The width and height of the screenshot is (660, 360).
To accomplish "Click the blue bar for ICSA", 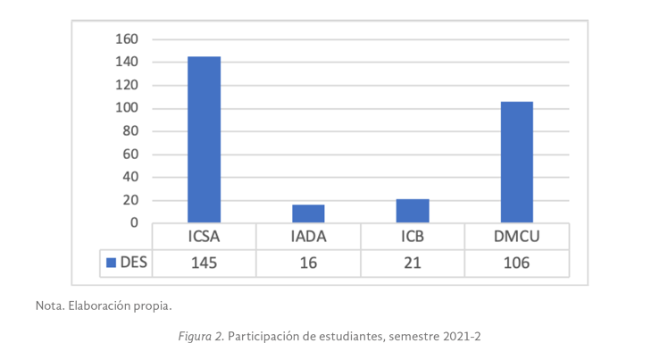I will pos(204,139).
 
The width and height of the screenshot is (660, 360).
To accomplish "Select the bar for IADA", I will pos(308,213).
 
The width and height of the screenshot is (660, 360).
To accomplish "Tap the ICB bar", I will pos(413,211).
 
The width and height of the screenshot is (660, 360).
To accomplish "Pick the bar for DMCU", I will pos(516,162).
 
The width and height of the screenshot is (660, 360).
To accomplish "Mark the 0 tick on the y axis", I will pos(133,222).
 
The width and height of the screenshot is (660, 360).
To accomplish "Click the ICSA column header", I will pos(204,238).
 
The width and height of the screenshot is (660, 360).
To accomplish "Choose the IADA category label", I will pos(308,238).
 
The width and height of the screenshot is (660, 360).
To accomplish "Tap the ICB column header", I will pos(413,238).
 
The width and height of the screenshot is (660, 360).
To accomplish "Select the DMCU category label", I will pos(516,238).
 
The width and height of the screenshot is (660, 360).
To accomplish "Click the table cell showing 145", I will pos(204,263).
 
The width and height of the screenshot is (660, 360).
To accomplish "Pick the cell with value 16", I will pos(308,263).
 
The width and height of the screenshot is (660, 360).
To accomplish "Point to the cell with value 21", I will pos(413,263).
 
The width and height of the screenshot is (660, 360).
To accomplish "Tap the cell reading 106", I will pos(516,263).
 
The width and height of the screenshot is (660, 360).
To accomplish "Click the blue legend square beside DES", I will pos(112,263).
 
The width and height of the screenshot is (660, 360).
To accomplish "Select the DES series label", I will pos(133,263).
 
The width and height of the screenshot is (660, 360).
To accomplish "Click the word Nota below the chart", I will pos(50,306).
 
